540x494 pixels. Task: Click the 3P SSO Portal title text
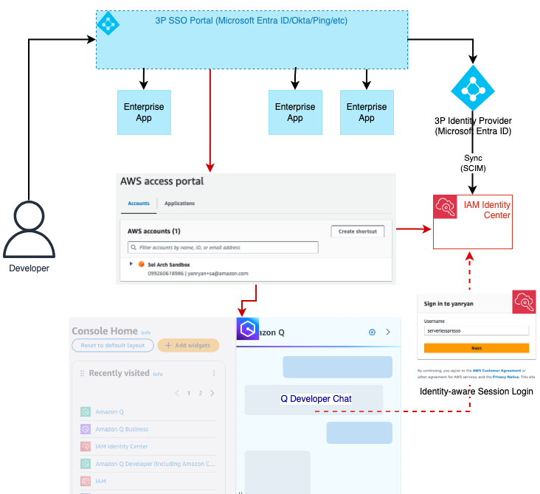251,21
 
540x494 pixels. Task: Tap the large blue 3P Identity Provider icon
472,88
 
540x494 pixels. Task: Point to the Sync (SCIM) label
473,163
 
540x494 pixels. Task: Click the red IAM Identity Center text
487,209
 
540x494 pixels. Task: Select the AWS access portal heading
162,181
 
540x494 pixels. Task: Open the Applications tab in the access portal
179,203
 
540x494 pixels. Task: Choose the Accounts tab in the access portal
139,203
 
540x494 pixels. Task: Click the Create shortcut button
357,232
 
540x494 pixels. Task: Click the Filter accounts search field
223,248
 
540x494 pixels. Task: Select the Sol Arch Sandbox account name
169,264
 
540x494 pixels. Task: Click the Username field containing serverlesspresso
477,332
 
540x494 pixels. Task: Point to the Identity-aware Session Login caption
475,392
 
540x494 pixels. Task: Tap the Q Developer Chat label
316,399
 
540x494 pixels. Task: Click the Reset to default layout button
113,345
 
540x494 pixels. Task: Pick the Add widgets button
189,345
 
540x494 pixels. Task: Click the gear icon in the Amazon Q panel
372,333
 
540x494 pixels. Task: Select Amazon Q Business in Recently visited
122,429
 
